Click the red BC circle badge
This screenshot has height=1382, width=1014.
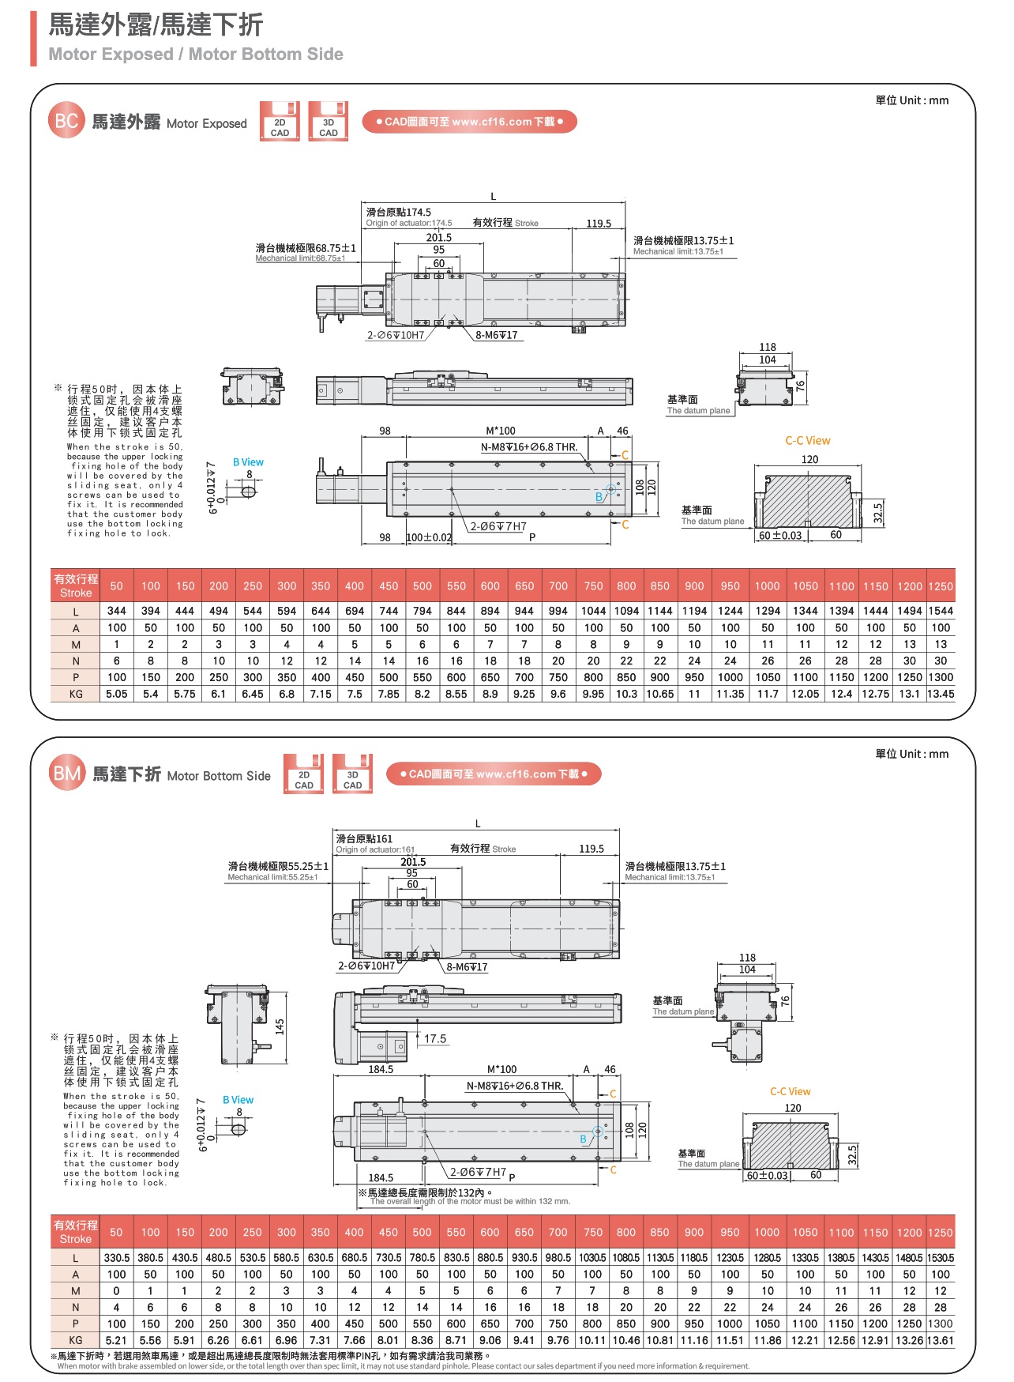pos(66,121)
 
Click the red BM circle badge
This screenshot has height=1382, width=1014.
pos(66,774)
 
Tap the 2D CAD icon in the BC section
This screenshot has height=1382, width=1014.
pos(280,122)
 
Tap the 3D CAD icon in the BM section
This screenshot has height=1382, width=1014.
pos(352,774)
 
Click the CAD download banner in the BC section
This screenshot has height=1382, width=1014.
pos(470,122)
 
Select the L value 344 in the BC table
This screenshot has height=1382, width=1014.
pos(117,611)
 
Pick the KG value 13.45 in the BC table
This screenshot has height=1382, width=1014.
pos(941,694)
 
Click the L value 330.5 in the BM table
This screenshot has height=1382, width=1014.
pos(117,1257)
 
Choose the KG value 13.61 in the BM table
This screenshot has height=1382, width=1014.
pos(940,1340)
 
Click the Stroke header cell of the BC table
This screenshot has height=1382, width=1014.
pos(76,586)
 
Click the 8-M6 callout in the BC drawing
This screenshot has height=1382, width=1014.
pos(497,335)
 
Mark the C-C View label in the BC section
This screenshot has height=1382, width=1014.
pos(807,441)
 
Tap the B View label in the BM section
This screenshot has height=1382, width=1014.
pos(238,1100)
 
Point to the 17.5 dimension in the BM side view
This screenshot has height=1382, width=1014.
pos(435,1039)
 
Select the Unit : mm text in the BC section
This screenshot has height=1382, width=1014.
pos(912,100)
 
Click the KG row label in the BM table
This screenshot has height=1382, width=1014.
pos(76,1340)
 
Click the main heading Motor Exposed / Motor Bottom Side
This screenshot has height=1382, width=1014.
pos(196,55)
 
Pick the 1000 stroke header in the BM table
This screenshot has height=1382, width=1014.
pos(767,1232)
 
